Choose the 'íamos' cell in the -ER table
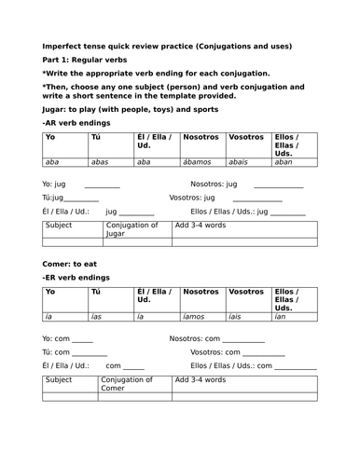pyautogui.click(x=197, y=318)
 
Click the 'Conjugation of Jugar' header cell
pyautogui.click(x=134, y=228)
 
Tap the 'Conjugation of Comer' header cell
pyautogui.click(x=134, y=383)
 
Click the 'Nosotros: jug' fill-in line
pyautogui.click(x=271, y=187)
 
